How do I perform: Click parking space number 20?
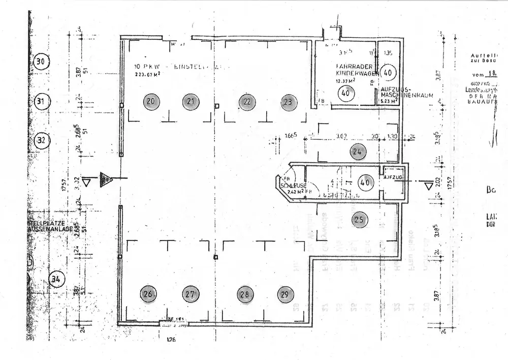[150, 101]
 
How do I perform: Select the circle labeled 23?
[288, 101]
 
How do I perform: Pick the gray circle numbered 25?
[359, 219]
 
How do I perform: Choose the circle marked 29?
[285, 294]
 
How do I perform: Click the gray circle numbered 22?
[246, 101]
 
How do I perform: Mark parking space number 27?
[190, 294]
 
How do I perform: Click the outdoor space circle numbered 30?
[42, 62]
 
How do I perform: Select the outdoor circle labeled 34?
[57, 279]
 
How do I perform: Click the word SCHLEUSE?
[293, 186]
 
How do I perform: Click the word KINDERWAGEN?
[354, 74]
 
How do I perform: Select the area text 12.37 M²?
[345, 80]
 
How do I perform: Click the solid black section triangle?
[106, 179]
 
